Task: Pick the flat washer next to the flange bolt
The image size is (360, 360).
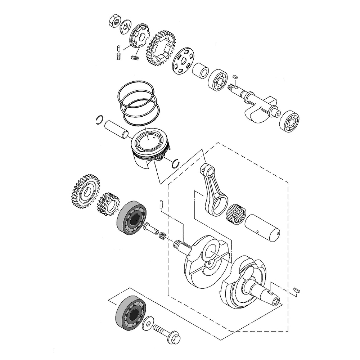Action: pyautogui.click(x=147, y=324)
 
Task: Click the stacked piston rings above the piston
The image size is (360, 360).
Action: pyautogui.click(x=138, y=103)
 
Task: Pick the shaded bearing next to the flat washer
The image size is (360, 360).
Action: pyautogui.click(x=129, y=314)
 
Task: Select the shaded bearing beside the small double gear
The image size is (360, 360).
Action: pyautogui.click(x=132, y=218)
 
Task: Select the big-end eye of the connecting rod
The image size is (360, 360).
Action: pyautogui.click(x=217, y=205)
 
